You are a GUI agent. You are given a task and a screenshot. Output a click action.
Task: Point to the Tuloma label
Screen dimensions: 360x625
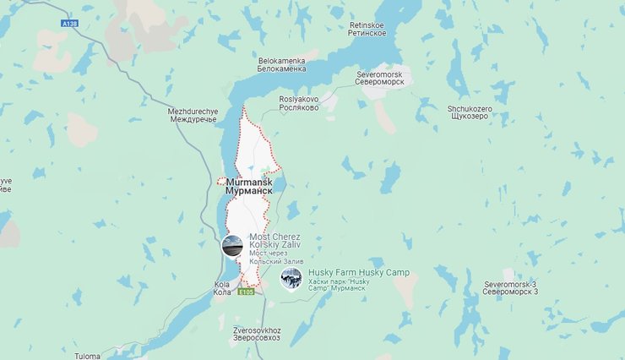[x=86, y=356]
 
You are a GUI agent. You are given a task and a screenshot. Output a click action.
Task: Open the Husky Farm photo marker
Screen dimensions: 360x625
[x=291, y=280]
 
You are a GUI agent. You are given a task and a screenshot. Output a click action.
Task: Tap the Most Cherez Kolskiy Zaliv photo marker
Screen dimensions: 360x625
[x=232, y=247]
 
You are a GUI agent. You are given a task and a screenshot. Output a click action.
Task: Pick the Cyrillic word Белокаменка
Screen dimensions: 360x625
[x=282, y=69]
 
